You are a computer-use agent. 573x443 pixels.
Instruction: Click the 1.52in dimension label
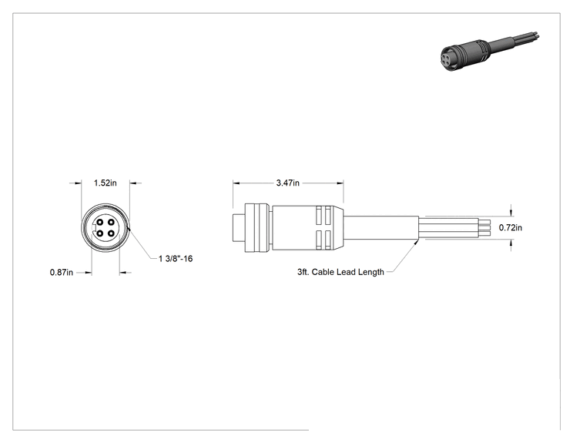coord(106,183)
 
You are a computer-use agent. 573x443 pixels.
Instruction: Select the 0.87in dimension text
coord(62,272)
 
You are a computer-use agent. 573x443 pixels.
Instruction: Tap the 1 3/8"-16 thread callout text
coord(176,259)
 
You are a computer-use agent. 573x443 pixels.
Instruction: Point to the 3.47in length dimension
coord(287,183)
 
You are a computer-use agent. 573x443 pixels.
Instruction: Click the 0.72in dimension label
coord(511,228)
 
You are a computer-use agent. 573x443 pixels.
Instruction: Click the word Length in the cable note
coord(371,272)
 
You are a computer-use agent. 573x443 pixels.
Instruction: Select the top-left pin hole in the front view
coord(100,222)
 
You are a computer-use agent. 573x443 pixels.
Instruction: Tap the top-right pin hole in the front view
coord(111,222)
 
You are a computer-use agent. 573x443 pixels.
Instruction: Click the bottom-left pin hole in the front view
coord(100,233)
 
